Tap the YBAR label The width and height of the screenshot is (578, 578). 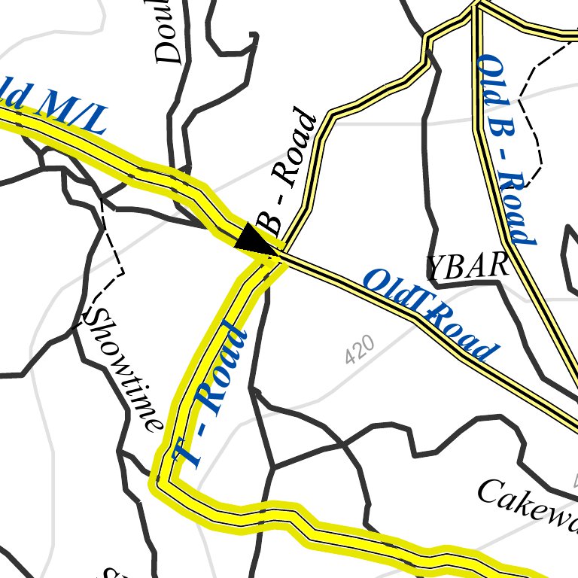467,266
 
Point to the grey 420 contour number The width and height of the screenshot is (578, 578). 360,350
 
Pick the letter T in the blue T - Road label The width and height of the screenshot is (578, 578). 185,452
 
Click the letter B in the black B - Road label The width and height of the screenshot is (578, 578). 268,225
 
